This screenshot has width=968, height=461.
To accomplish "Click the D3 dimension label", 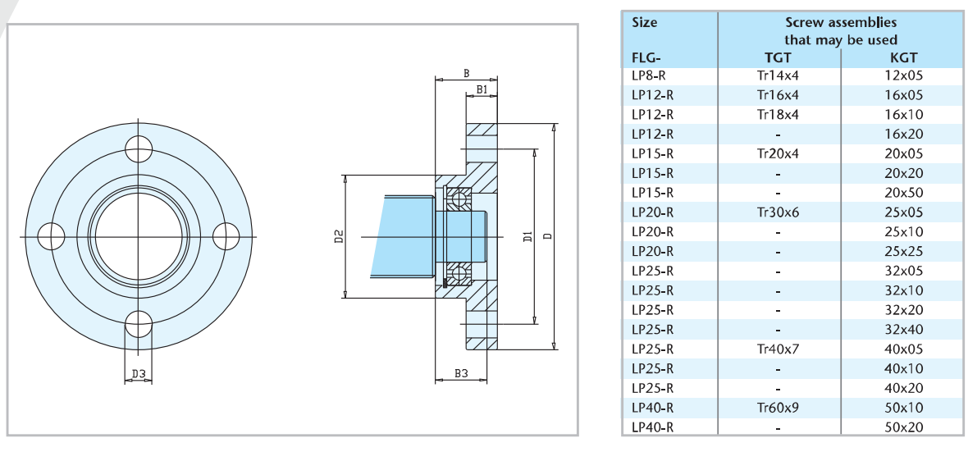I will [139, 375].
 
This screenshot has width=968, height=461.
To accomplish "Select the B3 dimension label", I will [461, 374].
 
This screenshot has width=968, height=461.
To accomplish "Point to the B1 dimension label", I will [482, 89].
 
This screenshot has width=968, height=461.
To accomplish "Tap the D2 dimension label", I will [338, 237].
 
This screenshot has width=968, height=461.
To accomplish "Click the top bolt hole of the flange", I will [139, 150].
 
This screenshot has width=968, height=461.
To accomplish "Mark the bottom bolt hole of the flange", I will [139, 324].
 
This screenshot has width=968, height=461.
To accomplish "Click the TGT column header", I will [778, 58].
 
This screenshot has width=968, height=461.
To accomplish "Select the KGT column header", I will [903, 58].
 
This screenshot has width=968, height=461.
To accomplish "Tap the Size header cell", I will [645, 22].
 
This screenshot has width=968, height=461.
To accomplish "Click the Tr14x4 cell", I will [778, 75].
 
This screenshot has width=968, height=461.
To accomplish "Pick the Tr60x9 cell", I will [778, 408].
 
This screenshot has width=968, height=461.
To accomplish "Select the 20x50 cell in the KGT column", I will [903, 193].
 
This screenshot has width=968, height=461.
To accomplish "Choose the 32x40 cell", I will [903, 330].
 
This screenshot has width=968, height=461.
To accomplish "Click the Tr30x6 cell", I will [778, 212].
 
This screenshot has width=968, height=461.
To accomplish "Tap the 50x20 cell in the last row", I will [903, 427].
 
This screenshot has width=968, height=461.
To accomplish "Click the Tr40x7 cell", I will [778, 349].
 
